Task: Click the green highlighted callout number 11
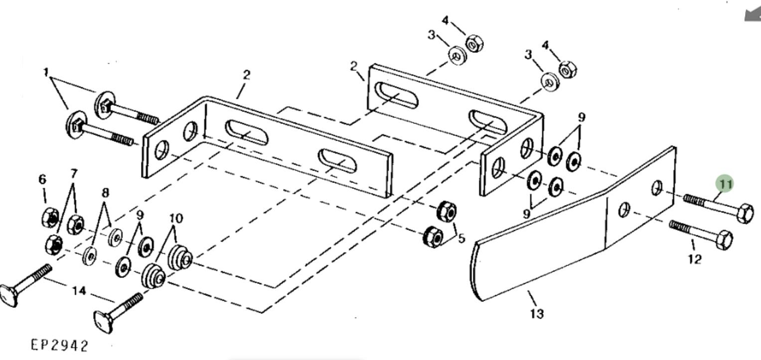[x=725, y=184]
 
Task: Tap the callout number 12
[x=695, y=259]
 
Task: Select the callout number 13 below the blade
[x=536, y=314]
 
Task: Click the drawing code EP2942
[x=60, y=345]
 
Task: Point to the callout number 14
[x=79, y=291]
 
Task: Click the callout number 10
[x=176, y=218]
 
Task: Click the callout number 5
[x=461, y=238]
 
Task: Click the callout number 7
[x=74, y=174]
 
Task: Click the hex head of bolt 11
[x=746, y=213]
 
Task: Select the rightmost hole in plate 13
[x=657, y=188]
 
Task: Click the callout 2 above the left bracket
[x=246, y=75]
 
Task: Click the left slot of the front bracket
[x=246, y=133]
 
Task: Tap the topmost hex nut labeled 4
[x=474, y=43]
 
